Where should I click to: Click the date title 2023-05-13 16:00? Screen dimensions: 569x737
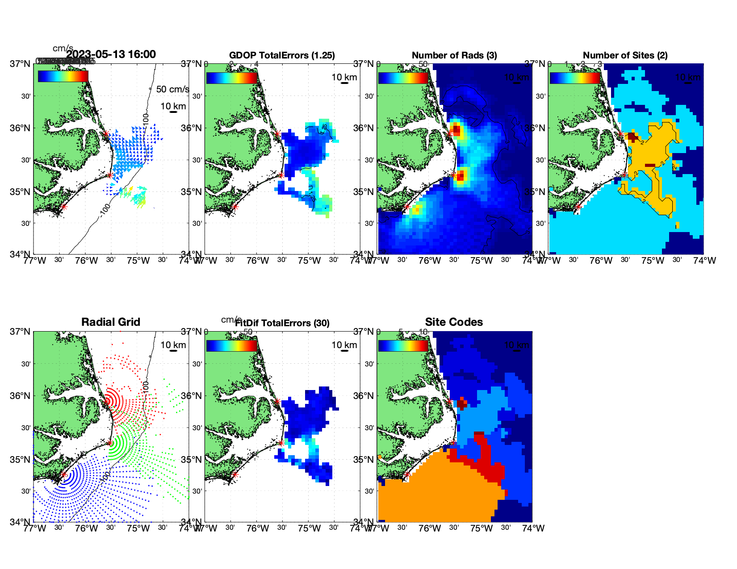[x=111, y=54]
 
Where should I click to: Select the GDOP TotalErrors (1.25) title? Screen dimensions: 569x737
[x=282, y=55]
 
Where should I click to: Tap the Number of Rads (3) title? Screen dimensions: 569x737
[x=454, y=55]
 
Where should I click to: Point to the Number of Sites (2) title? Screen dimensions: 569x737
[x=625, y=55]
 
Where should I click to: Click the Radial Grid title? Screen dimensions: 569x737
[x=111, y=322]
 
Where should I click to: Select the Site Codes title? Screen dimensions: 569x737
[x=454, y=322]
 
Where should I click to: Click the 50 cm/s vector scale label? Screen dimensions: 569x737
[x=172, y=89]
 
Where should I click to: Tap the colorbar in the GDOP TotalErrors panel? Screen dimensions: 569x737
[x=232, y=77]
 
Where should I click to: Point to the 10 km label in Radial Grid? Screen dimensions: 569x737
[x=173, y=345]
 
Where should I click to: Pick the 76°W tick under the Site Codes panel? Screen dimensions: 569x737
[x=430, y=528]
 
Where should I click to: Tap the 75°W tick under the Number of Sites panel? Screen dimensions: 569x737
[x=653, y=261]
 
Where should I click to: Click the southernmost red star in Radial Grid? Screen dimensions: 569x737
[x=63, y=475]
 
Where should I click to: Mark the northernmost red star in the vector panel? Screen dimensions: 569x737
[x=105, y=134]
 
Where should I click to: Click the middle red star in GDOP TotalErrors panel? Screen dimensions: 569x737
[x=281, y=175]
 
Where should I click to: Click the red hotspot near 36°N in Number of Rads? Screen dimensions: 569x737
[x=456, y=130]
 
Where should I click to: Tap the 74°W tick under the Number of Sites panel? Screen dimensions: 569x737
[x=704, y=261]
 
